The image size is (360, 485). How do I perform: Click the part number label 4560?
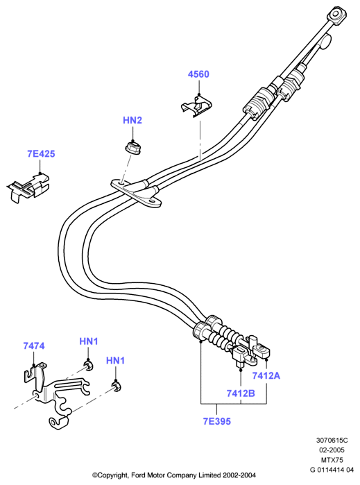click(x=198, y=74)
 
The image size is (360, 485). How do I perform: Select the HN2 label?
click(x=132, y=120)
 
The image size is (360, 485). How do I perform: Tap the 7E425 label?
click(x=41, y=154)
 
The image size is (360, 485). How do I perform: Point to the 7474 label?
click(x=34, y=346)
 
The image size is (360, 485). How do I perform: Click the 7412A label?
click(x=266, y=375)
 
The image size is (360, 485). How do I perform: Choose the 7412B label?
click(x=241, y=393)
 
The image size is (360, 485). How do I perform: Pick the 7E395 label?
click(x=217, y=421)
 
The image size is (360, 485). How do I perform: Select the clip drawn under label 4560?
click(x=197, y=106)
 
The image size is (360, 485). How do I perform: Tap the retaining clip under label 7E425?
click(x=28, y=188)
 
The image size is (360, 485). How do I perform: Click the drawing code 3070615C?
click(x=332, y=440)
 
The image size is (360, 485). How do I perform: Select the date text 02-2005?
click(x=332, y=450)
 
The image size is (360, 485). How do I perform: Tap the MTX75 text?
click(x=332, y=460)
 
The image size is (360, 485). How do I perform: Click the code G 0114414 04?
click(x=332, y=470)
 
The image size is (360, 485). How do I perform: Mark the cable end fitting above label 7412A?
click(x=262, y=350)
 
